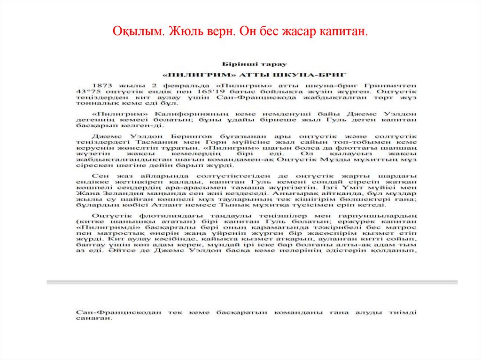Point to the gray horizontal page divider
pos(252,282)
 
